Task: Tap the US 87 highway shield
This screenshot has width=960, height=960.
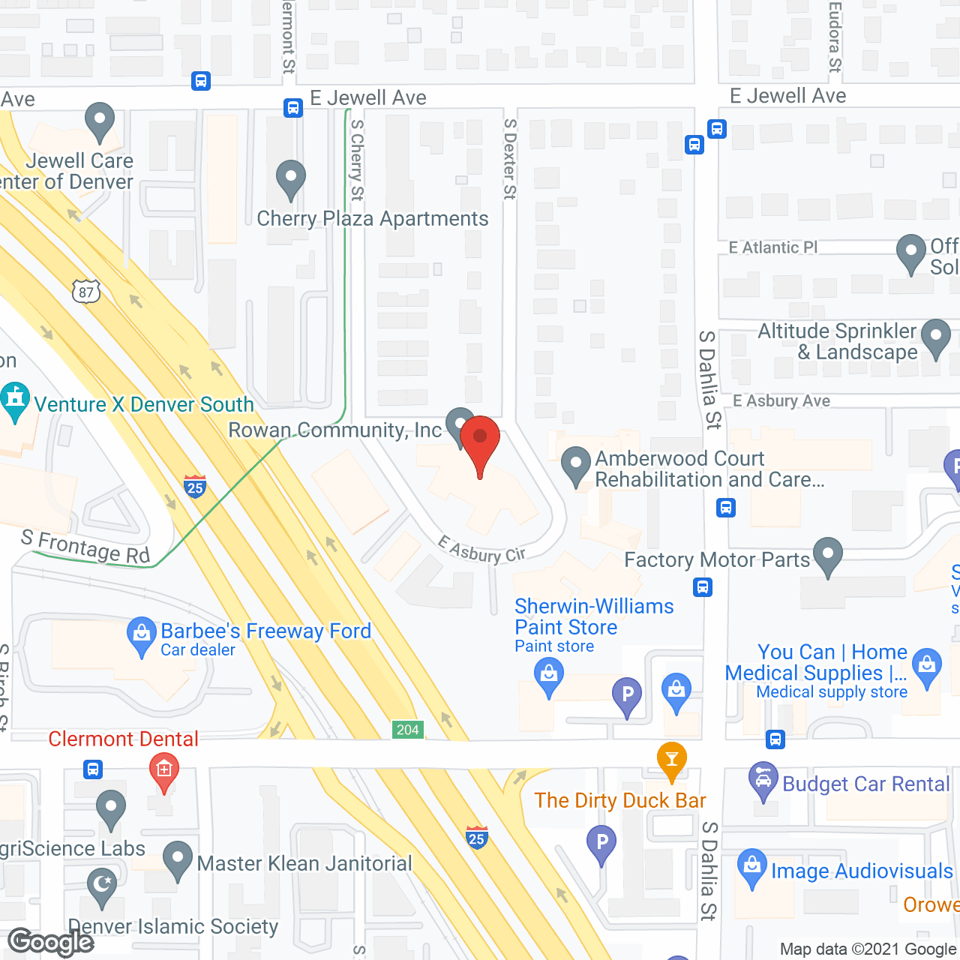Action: [x=86, y=292]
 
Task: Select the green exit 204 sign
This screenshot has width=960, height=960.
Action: [x=408, y=730]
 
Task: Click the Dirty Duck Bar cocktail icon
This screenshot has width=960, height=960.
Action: [x=671, y=760]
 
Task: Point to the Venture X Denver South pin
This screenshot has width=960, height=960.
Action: [x=15, y=401]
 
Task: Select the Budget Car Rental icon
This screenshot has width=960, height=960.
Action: [x=763, y=781]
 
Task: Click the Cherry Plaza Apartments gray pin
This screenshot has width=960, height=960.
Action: [x=290, y=180]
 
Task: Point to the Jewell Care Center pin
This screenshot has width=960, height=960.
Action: [x=99, y=121]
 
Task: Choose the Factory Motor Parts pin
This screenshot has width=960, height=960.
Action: [x=827, y=556]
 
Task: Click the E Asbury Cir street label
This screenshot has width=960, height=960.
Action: [x=481, y=550]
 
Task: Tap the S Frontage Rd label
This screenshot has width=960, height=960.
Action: [x=85, y=547]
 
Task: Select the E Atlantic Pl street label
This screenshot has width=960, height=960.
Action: [x=772, y=247]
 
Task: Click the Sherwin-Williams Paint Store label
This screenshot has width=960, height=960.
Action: [x=594, y=616]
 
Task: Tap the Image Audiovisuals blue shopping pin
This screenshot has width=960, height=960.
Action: [x=751, y=868]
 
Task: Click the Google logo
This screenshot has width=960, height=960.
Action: [x=51, y=942]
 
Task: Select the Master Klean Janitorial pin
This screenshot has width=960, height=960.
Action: [x=178, y=861]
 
